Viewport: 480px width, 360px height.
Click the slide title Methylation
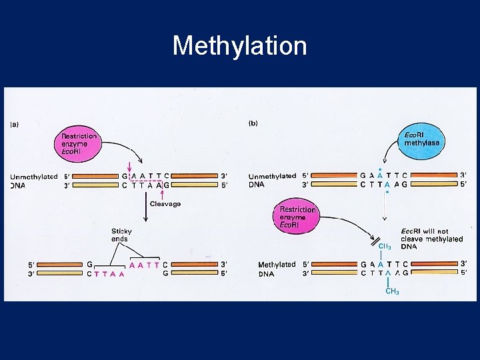(239, 46)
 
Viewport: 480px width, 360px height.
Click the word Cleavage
(165, 204)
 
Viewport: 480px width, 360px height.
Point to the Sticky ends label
(121, 235)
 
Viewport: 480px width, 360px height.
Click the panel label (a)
(15, 124)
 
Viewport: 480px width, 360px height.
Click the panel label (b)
(253, 124)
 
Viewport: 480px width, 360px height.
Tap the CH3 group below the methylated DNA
(392, 292)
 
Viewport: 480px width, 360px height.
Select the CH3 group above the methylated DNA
(385, 247)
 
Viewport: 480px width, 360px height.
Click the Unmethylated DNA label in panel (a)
(31, 181)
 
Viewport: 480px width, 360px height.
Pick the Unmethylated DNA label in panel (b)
(272, 180)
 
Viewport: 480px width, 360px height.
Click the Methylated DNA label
(277, 269)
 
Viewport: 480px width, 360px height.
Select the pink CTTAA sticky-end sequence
(106, 273)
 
